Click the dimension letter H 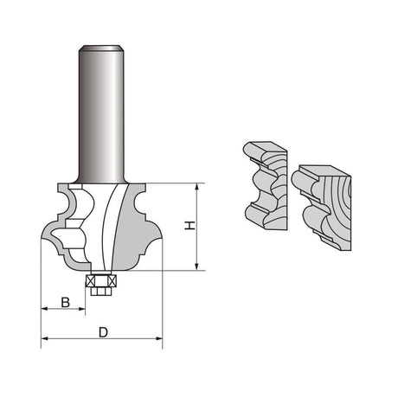point(189,226)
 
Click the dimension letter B point(66,303)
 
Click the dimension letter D point(103,332)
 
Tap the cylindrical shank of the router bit point(101,115)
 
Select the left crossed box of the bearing point(91,280)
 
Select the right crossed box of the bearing point(112,280)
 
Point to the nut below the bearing point(101,291)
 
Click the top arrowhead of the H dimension point(197,186)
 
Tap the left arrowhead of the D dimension point(44,338)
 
